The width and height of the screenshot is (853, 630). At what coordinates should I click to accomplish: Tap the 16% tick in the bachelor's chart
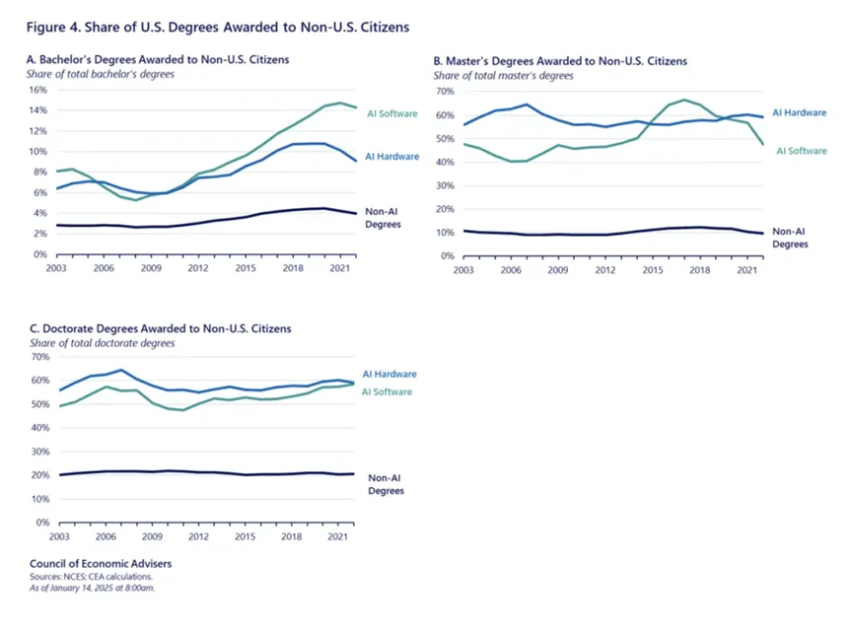click(x=36, y=89)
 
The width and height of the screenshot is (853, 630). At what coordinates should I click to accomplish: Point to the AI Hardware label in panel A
click(x=391, y=157)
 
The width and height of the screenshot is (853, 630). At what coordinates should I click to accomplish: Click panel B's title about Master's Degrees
click(x=560, y=61)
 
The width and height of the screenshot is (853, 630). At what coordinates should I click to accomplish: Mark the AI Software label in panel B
click(x=801, y=151)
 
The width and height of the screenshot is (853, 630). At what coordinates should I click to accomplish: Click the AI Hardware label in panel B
click(x=799, y=113)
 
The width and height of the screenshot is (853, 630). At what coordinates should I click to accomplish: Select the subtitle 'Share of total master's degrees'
click(x=503, y=76)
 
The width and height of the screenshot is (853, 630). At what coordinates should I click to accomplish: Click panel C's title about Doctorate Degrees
click(x=159, y=329)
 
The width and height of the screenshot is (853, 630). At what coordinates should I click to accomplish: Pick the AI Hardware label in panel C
click(x=390, y=375)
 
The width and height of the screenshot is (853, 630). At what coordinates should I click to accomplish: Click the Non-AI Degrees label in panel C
click(x=386, y=483)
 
